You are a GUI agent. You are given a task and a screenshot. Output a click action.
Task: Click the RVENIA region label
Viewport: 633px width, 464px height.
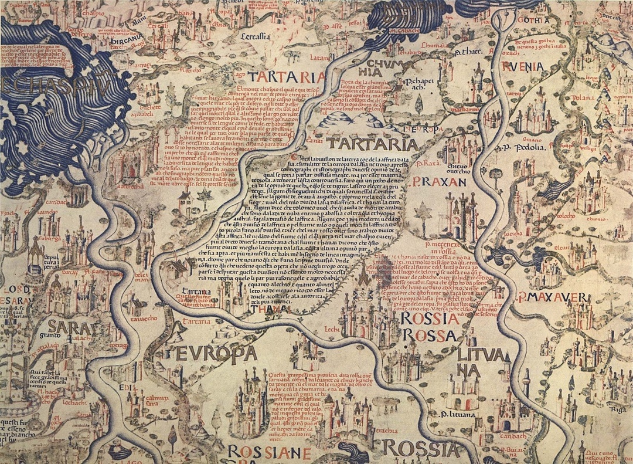[522, 66]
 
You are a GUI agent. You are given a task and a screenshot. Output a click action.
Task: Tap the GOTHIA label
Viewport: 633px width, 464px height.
[534, 20]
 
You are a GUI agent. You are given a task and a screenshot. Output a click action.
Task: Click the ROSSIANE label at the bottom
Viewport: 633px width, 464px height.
[268, 452]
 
